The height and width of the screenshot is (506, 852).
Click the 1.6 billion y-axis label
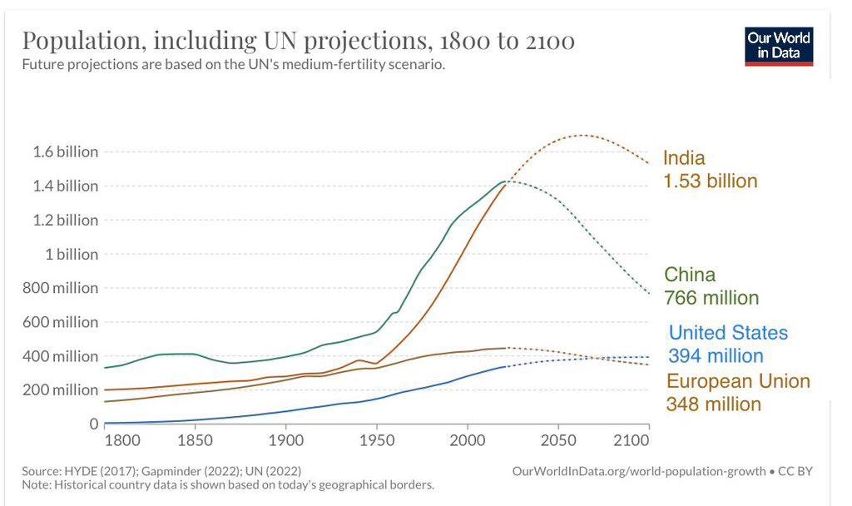click(66, 152)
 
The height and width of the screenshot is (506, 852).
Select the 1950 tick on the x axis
click(376, 439)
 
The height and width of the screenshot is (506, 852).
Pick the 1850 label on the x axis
click(194, 439)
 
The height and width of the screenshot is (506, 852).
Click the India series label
click(684, 158)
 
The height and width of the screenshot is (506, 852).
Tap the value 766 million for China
click(711, 298)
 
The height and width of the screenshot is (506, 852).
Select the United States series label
click(728, 333)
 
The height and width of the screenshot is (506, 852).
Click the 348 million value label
click(713, 404)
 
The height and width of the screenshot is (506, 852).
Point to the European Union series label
click(738, 381)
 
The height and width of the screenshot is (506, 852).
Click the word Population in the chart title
click(82, 41)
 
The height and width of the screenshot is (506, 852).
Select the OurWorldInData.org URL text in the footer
click(640, 471)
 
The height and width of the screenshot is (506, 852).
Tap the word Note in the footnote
click(36, 484)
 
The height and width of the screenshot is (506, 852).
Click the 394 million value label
click(716, 356)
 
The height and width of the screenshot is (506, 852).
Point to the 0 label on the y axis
click(93, 424)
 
